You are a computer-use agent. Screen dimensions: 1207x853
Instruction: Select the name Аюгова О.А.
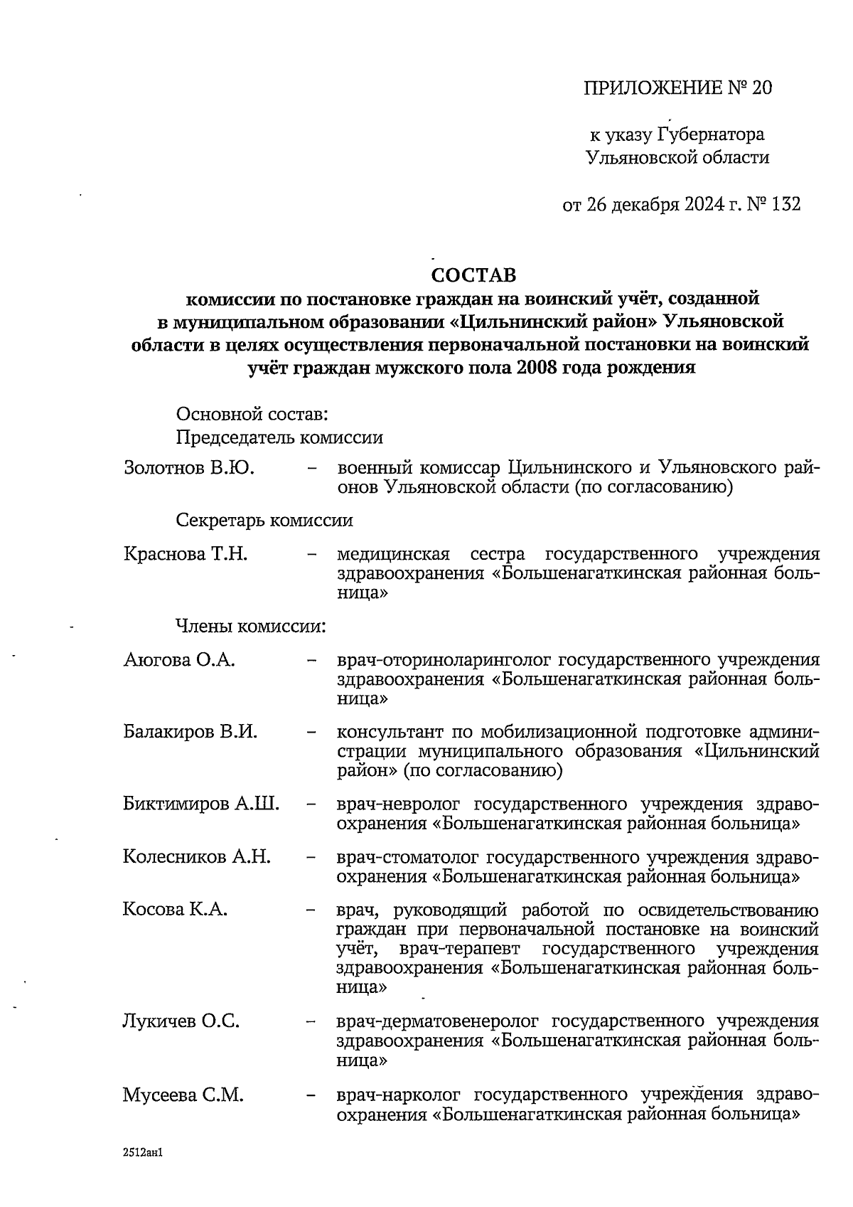tap(179, 659)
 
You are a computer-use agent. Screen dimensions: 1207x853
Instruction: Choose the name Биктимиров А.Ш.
tap(201, 804)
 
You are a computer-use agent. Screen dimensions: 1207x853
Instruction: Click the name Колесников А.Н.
tap(197, 856)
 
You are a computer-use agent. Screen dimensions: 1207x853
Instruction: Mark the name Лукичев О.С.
tap(181, 1021)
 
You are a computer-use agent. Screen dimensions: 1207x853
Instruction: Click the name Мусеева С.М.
tap(183, 1095)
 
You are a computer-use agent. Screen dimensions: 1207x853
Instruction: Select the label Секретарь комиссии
tap(264, 520)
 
